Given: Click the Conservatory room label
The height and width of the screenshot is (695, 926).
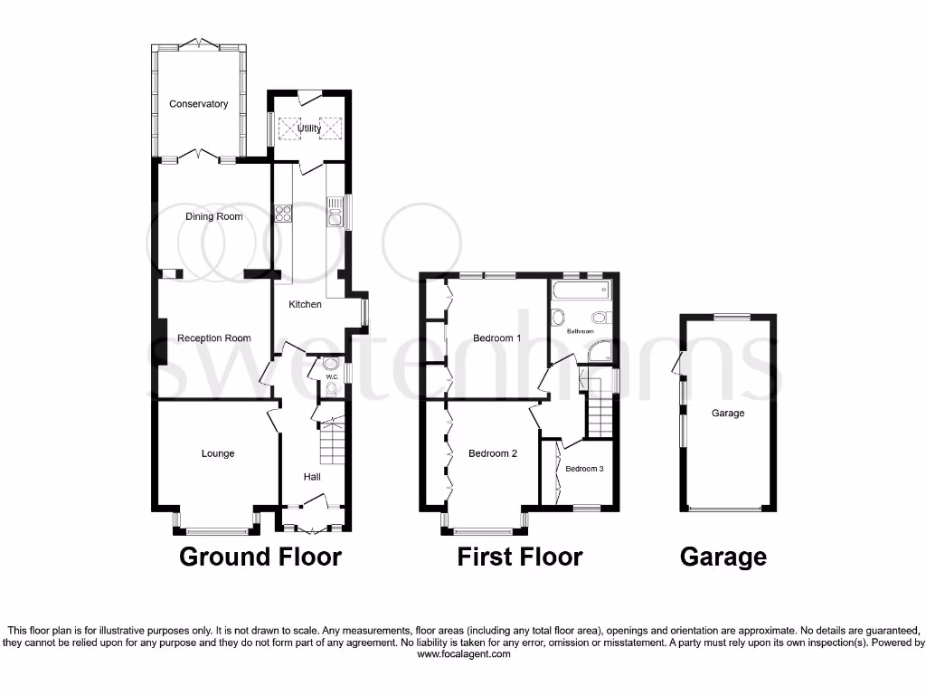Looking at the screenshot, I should pyautogui.click(x=199, y=104).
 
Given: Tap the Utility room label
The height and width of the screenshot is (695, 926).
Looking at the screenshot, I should pyautogui.click(x=309, y=129).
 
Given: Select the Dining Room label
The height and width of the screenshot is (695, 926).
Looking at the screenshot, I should pyautogui.click(x=214, y=217).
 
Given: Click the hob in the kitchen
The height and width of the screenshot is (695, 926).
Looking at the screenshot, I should pyautogui.click(x=283, y=214).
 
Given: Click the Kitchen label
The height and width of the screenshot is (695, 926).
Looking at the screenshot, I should pyautogui.click(x=305, y=304).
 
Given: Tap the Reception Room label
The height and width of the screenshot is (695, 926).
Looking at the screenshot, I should pyautogui.click(x=214, y=338).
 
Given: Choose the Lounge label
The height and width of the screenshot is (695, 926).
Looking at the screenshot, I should pyautogui.click(x=218, y=453).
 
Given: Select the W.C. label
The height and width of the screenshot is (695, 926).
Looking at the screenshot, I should pyautogui.click(x=331, y=376).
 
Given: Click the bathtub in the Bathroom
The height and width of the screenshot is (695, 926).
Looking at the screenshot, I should pyautogui.click(x=581, y=291).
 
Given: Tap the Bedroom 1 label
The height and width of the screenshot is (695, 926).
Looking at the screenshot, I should pyautogui.click(x=497, y=339).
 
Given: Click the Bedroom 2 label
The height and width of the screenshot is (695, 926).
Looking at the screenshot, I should pyautogui.click(x=493, y=453).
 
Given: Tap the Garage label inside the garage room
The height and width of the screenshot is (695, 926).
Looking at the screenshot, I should pyautogui.click(x=728, y=414).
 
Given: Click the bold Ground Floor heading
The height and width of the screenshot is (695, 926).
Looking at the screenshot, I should pyautogui.click(x=260, y=557).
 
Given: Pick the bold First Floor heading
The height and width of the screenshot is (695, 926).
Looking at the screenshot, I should pyautogui.click(x=520, y=557).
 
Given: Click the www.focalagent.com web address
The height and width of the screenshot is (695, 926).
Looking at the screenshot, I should pyautogui.click(x=462, y=654).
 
